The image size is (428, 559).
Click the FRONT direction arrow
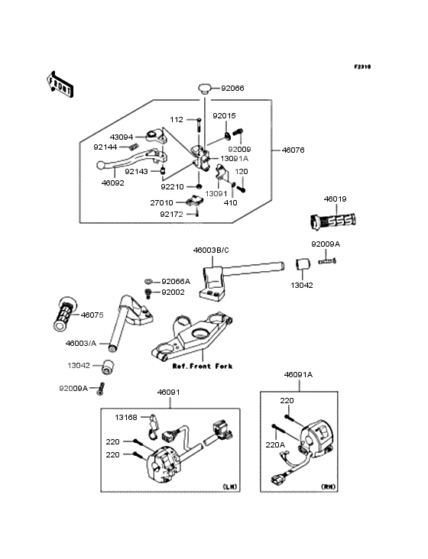coord(60,84)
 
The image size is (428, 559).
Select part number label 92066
coord(232,88)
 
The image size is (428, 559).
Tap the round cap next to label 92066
coord(205,88)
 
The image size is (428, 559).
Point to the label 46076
coord(293,150)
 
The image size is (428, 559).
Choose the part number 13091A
coord(235,158)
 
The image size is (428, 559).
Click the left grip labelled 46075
coord(64,313)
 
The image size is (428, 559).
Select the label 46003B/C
coord(211,250)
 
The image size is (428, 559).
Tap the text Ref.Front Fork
coord(203,366)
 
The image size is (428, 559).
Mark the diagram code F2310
coord(362,66)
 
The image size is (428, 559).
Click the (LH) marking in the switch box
coord(230,486)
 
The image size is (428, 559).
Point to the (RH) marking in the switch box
coord(329,486)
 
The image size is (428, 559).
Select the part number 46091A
coord(298,375)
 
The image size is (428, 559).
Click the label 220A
coord(275,445)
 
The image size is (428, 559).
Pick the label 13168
coord(126,417)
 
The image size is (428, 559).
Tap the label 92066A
coord(176,282)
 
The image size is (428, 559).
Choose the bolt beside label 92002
coord(148,293)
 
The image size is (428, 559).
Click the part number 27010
coord(161,202)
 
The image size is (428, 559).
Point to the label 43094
coord(122,137)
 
